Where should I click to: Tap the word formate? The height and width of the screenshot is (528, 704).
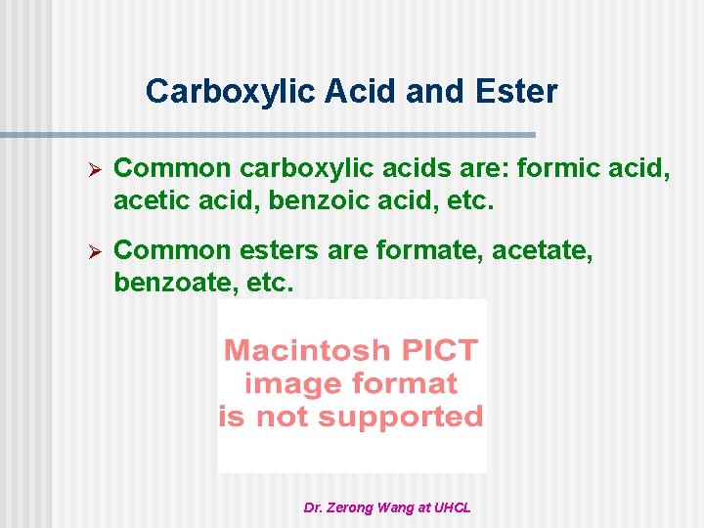click(429, 251)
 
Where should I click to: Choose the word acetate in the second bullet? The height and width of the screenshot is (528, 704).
click(543, 251)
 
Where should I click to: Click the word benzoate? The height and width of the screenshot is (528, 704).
click(168, 283)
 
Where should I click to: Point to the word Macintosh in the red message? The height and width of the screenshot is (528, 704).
click(307, 350)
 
